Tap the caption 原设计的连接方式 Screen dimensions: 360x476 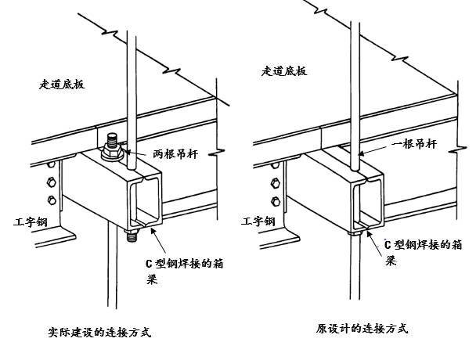[362, 329]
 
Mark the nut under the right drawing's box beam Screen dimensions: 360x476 [357, 231]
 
